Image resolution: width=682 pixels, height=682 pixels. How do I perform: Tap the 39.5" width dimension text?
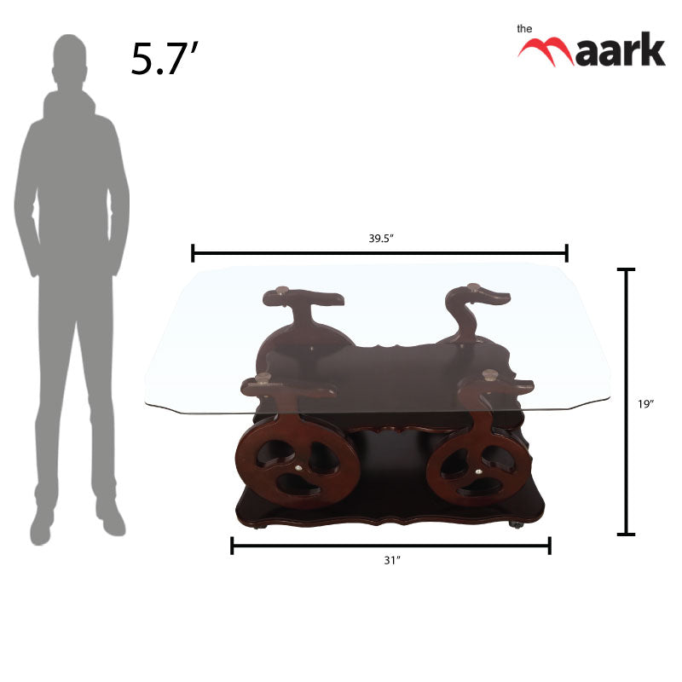[380, 239]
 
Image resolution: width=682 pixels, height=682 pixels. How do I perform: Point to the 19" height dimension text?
[645, 404]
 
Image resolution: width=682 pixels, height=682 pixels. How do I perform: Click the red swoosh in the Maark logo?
[546, 50]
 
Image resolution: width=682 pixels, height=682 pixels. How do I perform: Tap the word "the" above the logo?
[525, 28]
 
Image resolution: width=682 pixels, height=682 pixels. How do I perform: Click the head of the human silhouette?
[71, 60]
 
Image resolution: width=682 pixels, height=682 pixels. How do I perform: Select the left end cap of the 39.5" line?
[194, 252]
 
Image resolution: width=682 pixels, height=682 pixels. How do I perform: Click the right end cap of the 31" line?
[549, 545]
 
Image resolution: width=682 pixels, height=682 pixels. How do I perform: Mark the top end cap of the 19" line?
[626, 269]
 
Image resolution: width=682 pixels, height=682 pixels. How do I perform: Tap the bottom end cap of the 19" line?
[626, 535]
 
